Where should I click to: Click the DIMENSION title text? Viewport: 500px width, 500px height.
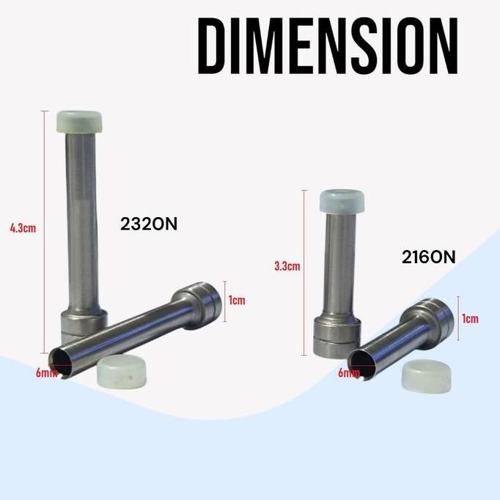point(328,46)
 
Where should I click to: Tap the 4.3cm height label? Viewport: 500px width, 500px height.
point(23,228)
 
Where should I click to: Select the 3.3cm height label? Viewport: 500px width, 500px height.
point(287,266)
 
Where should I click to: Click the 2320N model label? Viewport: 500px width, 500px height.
point(149,224)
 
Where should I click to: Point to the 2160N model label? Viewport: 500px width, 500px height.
point(429,257)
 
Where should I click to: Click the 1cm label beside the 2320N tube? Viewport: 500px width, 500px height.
point(237,301)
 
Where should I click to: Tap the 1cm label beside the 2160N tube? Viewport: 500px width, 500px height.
point(471,319)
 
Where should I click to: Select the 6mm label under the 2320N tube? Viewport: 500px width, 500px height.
point(46,372)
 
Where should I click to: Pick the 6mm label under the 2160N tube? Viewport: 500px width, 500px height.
point(348,372)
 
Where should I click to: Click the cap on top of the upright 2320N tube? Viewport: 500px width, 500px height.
point(79,122)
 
